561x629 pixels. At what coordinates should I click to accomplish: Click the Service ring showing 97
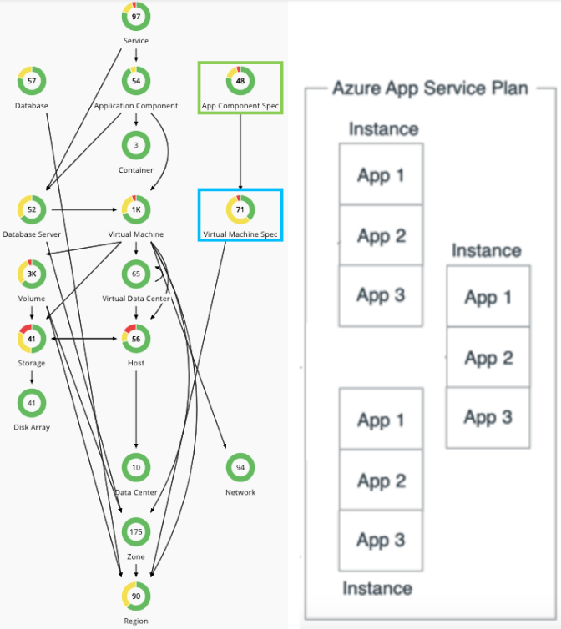(x=136, y=17)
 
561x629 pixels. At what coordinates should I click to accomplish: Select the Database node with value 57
(x=31, y=81)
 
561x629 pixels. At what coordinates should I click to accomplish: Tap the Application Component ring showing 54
(x=136, y=81)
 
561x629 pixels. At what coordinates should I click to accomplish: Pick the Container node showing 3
(x=136, y=145)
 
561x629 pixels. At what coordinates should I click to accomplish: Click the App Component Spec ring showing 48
(x=240, y=81)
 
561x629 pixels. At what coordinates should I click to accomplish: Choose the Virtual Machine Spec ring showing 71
(x=240, y=209)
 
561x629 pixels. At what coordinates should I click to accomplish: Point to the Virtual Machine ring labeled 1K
(x=136, y=209)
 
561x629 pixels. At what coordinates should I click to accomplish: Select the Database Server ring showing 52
(x=31, y=209)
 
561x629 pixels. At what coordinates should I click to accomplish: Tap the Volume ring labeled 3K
(x=31, y=274)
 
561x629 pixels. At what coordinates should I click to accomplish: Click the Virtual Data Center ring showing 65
(x=136, y=274)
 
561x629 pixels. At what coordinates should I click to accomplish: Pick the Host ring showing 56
(x=136, y=339)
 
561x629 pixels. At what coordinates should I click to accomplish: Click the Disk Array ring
(x=31, y=403)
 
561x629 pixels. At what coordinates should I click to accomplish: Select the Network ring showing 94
(x=240, y=467)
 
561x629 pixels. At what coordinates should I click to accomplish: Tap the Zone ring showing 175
(x=136, y=531)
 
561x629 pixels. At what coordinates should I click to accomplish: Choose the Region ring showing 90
(x=136, y=596)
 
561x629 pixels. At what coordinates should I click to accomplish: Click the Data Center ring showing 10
(x=136, y=467)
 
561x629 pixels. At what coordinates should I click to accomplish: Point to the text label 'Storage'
(x=31, y=363)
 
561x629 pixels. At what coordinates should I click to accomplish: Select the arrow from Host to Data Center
(x=136, y=409)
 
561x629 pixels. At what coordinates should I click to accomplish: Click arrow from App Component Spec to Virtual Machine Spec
(x=240, y=150)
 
